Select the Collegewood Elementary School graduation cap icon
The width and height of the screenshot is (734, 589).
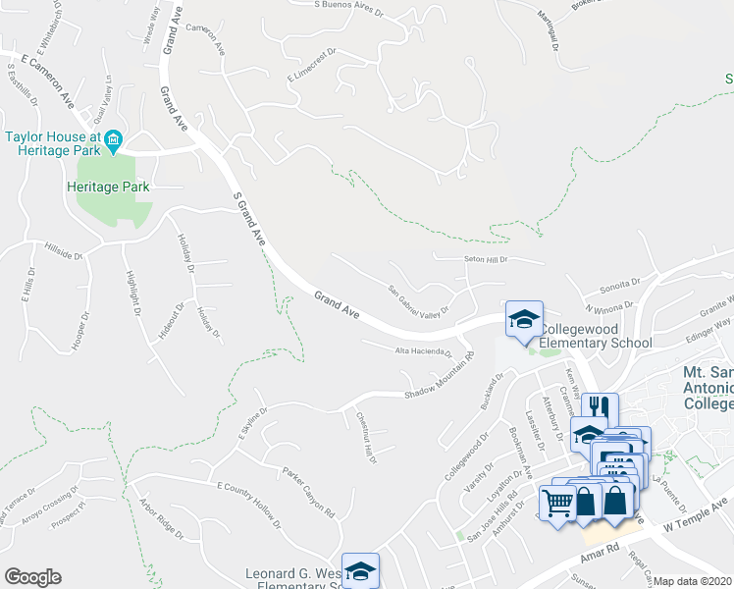point(523,319)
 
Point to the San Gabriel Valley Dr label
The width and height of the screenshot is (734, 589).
point(418,302)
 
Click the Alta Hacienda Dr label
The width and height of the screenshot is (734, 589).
point(423,350)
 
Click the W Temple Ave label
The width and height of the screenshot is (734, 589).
point(697,517)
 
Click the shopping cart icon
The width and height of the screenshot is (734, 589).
point(557,503)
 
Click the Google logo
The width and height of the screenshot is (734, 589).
point(32,577)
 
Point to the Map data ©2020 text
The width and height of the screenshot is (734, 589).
point(693,581)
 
